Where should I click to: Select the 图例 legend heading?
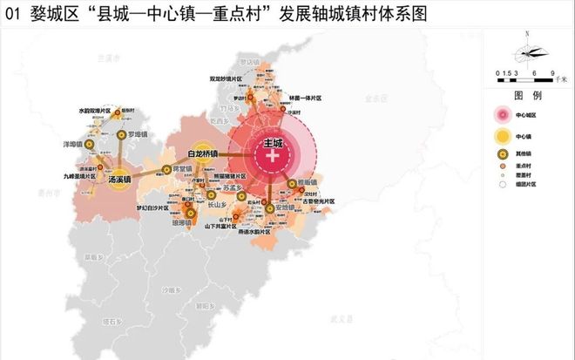[528, 93]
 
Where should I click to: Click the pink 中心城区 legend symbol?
[503, 114]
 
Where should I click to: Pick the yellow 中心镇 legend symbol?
[503, 136]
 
